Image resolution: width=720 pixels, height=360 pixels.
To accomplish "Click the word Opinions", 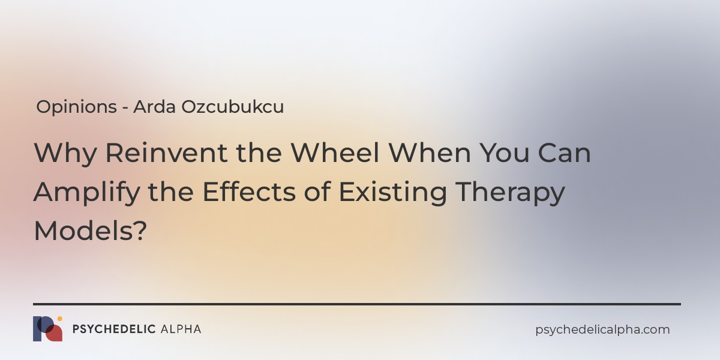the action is tap(77, 107).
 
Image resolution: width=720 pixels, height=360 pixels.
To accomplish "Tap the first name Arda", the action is tap(155, 107).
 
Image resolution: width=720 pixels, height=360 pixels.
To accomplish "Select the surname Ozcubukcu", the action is tap(233, 107).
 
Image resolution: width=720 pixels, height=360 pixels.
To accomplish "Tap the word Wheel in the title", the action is tap(335, 152).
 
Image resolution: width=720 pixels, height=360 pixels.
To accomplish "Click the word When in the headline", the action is tap(430, 152).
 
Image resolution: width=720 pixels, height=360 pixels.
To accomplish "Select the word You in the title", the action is tap(505, 152).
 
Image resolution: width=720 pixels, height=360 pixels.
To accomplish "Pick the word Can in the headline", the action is tap(565, 152).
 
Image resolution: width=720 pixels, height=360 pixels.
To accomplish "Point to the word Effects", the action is tap(249, 191).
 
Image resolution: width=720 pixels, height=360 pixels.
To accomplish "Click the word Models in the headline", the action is tap(83, 230).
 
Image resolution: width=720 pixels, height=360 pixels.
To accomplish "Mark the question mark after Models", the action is tap(140, 230).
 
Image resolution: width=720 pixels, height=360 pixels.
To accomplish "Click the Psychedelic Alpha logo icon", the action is tap(47, 329).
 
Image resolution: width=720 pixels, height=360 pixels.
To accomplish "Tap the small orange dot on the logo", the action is tap(59, 319).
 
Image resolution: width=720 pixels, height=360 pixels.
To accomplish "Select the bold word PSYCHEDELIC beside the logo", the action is tap(114, 329).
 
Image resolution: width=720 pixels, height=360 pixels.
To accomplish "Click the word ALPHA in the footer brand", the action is tap(181, 329).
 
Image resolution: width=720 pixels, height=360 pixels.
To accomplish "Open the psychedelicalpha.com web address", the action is tap(602, 330).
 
